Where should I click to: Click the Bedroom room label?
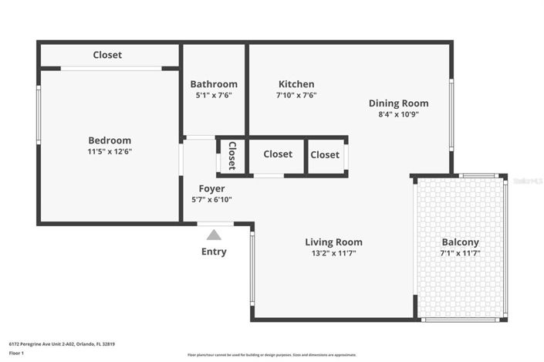point(109,140)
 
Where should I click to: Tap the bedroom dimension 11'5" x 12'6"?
point(109,151)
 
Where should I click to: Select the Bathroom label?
point(214,84)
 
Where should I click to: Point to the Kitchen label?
point(296,84)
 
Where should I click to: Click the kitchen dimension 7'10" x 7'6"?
point(296,95)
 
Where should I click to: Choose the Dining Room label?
point(398,103)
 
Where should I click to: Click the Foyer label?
point(211,188)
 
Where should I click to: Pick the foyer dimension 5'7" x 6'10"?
point(211,199)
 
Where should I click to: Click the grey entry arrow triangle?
point(214,235)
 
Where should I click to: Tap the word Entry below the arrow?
point(214,252)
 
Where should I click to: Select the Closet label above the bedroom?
point(107,55)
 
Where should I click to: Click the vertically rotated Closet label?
point(231,156)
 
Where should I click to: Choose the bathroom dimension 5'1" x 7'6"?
point(214,95)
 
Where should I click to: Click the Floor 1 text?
point(15,352)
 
